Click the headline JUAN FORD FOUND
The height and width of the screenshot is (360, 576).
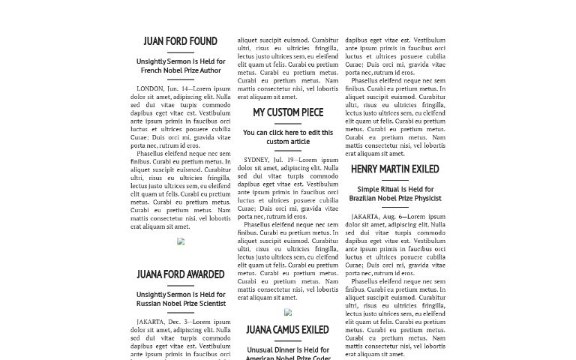pos(180,41)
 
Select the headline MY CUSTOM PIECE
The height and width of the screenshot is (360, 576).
pos(288,112)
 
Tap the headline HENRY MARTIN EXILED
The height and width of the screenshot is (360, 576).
pos(394,169)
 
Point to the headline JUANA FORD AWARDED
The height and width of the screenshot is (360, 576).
pos(180,274)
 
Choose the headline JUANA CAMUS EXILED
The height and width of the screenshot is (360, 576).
pos(287,329)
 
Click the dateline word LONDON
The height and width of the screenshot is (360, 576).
pos(150,88)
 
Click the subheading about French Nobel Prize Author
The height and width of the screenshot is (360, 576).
pos(181,66)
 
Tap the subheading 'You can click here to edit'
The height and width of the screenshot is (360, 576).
pos(288,136)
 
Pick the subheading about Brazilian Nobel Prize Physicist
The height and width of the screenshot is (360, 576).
pos(395,193)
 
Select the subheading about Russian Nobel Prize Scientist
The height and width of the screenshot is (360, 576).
pos(181,299)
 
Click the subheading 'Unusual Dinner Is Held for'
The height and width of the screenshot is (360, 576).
pos(288,349)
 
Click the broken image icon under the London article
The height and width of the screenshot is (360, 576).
pos(180,241)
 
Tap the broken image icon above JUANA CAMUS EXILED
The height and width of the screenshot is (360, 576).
pos(288,312)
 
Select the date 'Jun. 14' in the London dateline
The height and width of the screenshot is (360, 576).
pos(179,88)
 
